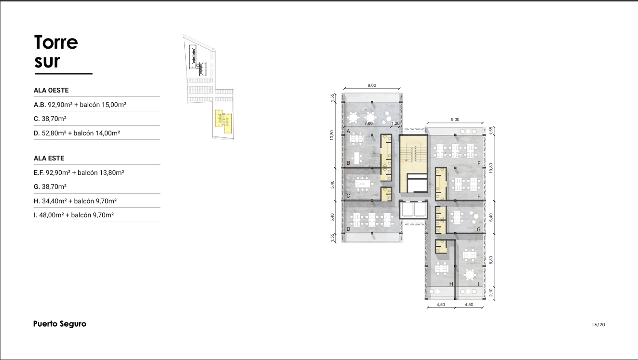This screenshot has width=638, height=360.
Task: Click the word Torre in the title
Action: pos(56,42)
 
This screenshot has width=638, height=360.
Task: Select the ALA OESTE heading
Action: pos(51,90)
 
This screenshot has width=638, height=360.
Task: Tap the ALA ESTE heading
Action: pos(49,158)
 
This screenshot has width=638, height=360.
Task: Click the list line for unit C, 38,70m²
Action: pos(50,119)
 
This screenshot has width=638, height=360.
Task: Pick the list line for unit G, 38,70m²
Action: pos(50,187)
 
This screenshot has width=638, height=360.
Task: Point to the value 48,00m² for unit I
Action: pos(52,215)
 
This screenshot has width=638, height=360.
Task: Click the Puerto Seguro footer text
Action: pos(60,324)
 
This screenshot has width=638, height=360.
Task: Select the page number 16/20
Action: pos(598,324)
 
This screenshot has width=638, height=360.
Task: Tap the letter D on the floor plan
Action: pos(348,229)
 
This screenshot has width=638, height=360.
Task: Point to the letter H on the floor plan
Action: pos(451,284)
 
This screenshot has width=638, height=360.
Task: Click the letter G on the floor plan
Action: pos(479,229)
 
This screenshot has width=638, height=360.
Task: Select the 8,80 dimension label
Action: pos(491,260)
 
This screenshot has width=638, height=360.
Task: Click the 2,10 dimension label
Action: pos(491,293)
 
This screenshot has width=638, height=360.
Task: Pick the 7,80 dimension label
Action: pos(368,123)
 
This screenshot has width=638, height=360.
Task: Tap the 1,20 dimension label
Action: pos(395,123)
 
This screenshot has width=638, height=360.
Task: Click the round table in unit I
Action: pos(469,275)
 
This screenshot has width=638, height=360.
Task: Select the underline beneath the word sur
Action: pos(64,74)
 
